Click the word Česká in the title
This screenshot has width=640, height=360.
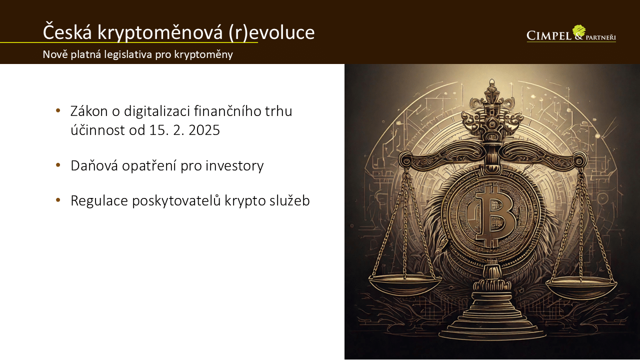(x=67, y=31)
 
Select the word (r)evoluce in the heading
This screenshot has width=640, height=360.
(x=271, y=32)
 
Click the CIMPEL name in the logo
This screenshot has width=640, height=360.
(x=548, y=35)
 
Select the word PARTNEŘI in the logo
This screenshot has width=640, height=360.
(x=600, y=37)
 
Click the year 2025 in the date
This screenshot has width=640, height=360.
(x=204, y=130)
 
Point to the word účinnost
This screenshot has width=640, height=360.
(x=97, y=130)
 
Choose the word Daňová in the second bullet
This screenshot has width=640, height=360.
(x=94, y=165)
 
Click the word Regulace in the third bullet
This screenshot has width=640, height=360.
(x=99, y=201)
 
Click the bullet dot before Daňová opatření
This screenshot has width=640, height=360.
(x=58, y=165)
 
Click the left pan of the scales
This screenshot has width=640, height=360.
(x=405, y=283)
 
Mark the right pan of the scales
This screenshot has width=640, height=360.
(x=581, y=285)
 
